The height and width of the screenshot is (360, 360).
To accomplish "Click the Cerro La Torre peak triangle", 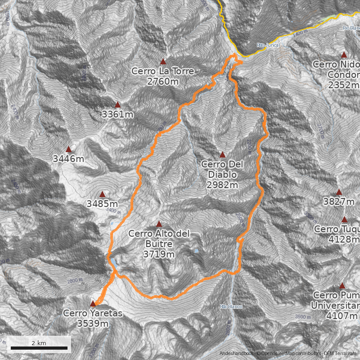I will click(x=163, y=62).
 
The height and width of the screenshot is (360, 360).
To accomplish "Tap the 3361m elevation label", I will click(x=117, y=114).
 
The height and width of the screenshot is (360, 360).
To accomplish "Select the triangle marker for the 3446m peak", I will click(x=69, y=149).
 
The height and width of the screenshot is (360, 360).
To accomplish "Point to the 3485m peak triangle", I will click(x=102, y=194).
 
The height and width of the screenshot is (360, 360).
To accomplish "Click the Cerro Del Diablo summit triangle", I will click(x=222, y=154).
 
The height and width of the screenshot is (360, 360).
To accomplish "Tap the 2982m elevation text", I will click(x=222, y=185).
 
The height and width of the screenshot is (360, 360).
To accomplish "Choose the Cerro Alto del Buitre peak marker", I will click(x=159, y=224).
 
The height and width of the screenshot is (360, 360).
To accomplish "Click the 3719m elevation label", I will click(x=159, y=254).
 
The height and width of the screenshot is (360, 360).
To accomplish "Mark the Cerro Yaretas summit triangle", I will click(x=93, y=303).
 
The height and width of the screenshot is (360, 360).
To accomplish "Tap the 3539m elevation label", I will click(x=93, y=324).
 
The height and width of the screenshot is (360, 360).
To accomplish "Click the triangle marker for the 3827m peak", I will click(x=339, y=192).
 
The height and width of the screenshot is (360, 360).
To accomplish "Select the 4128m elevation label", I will click(x=344, y=239).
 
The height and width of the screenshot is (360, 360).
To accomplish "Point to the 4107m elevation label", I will click(x=344, y=315).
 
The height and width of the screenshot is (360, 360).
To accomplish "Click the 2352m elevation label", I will click(x=344, y=85).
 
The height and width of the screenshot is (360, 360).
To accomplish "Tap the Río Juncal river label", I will click(x=269, y=45).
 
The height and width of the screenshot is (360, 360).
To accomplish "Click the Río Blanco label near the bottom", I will click(x=231, y=306).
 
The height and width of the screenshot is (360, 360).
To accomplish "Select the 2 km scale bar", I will click(x=39, y=348).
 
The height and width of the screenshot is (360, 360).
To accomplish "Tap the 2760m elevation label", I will click(x=163, y=81).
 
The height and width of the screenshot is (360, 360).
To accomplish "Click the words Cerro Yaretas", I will click(x=93, y=313).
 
